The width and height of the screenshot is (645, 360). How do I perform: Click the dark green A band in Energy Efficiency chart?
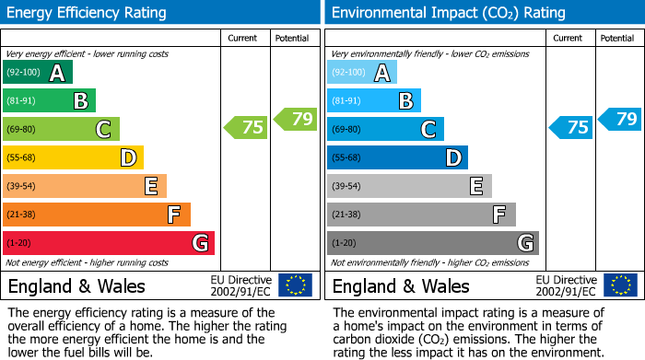[37, 73]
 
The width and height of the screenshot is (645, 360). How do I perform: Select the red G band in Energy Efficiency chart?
[108, 243]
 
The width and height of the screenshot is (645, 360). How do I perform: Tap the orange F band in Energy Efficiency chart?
[96, 215]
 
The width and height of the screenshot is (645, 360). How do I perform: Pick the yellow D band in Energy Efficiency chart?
[73, 157]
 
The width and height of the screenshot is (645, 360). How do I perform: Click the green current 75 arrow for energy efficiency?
[246, 128]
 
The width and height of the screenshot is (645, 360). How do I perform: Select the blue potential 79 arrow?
[619, 119]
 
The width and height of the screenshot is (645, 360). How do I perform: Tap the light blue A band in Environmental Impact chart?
[362, 73]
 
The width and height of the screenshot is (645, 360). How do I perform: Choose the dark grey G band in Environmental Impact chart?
[432, 243]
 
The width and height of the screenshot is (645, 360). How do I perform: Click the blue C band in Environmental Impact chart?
[385, 129]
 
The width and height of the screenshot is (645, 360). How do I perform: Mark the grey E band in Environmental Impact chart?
[409, 186]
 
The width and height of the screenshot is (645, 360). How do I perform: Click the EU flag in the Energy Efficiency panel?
[295, 285]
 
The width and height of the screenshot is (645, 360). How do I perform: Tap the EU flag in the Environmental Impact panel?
[620, 285]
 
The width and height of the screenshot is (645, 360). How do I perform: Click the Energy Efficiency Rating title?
[88, 13]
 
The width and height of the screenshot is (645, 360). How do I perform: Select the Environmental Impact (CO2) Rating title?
[448, 13]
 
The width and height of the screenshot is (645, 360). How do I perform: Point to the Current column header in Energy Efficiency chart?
[243, 38]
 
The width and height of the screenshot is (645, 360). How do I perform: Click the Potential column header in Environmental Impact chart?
[617, 38]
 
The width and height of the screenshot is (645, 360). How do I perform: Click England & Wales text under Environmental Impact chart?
[401, 285]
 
